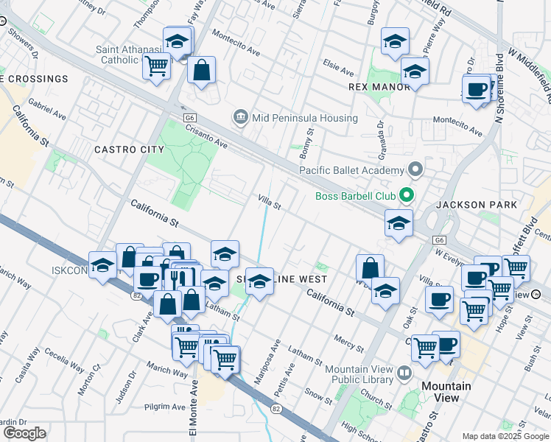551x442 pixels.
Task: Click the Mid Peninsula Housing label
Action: (x=304, y=118)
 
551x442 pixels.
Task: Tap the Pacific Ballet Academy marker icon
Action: (x=415, y=171)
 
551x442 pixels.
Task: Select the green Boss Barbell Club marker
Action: (x=404, y=196)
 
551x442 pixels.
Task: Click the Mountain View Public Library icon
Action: (x=404, y=373)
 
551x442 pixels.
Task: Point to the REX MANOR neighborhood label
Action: (x=379, y=87)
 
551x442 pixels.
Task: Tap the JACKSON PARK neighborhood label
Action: (x=476, y=204)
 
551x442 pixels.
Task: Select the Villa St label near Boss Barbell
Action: (x=269, y=201)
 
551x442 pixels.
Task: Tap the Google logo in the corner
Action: (x=24, y=433)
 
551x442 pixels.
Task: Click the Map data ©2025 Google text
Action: (x=505, y=436)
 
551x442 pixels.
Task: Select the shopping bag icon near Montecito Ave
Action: (x=201, y=71)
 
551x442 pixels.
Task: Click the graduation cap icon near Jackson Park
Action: (x=399, y=223)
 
